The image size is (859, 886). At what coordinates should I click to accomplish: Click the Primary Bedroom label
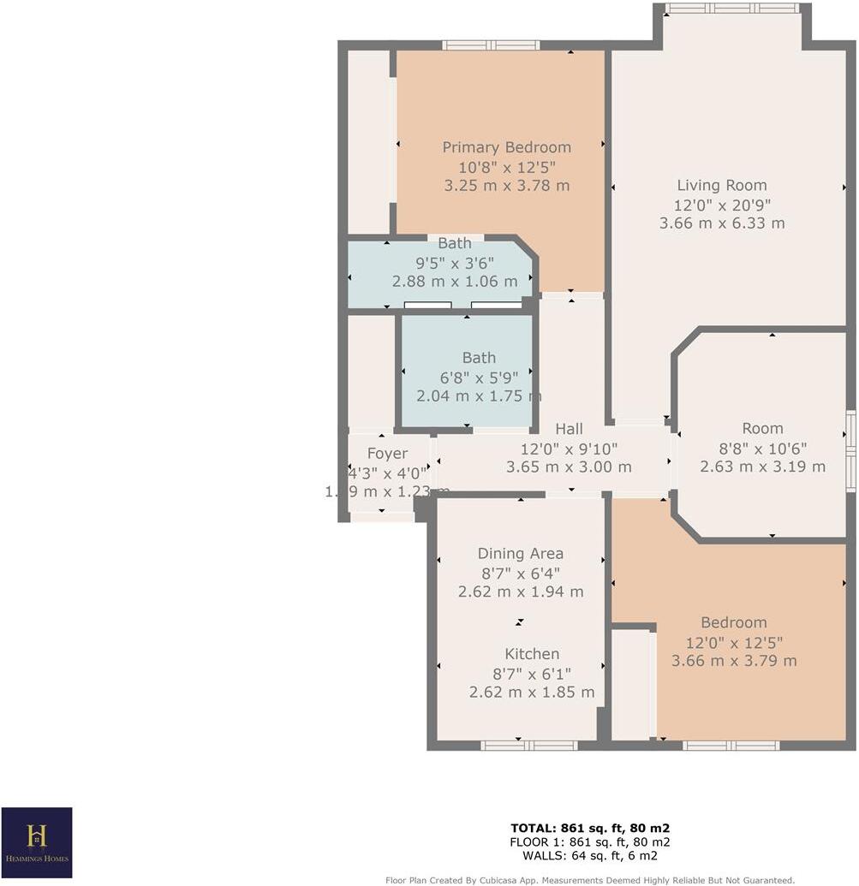[x=506, y=147]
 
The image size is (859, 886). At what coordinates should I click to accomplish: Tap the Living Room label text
[x=721, y=185]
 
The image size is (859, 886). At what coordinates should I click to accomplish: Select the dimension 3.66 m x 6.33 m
[x=721, y=223]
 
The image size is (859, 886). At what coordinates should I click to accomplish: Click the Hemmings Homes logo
[x=37, y=842]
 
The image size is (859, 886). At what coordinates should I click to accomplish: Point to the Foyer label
[x=387, y=454]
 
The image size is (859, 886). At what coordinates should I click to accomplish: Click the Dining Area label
[x=520, y=553]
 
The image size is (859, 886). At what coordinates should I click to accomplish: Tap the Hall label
[x=569, y=429]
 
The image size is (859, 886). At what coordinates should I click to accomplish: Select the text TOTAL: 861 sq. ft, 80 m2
[x=590, y=828]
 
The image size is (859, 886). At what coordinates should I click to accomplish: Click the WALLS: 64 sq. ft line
[x=590, y=855]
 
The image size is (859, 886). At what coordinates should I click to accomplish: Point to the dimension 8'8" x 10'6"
[x=762, y=448]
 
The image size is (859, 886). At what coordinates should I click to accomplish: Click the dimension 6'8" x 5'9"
[x=478, y=378]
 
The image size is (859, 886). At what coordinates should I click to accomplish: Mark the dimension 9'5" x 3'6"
[x=455, y=263]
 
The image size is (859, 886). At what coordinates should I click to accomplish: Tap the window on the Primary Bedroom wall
[x=491, y=45]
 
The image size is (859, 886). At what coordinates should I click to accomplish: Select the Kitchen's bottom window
[x=528, y=745]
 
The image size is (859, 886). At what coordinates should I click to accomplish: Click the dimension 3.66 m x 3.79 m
[x=734, y=661]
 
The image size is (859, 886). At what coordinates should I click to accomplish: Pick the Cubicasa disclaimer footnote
[x=590, y=879]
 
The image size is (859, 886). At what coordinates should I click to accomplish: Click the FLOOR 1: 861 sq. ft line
[x=590, y=841]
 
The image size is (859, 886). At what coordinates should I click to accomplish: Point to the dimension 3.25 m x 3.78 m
[x=506, y=185]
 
